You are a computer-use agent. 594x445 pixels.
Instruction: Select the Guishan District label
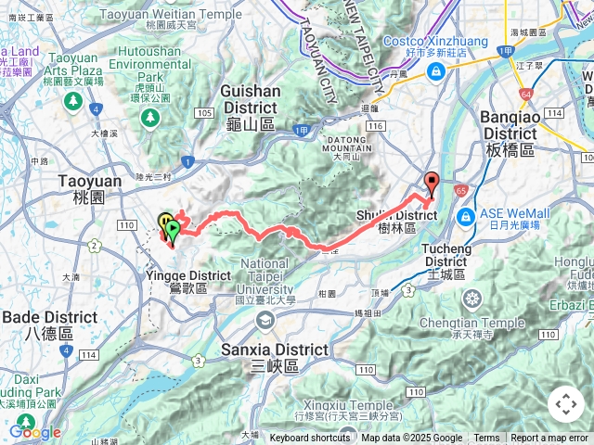pos(251,98)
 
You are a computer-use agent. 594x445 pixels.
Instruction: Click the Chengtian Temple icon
pos(471,273)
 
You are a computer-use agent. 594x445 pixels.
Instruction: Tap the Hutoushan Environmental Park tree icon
pos(149,116)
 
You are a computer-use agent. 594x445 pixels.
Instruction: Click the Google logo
pos(34,432)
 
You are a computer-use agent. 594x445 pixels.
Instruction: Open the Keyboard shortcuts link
pos(310,439)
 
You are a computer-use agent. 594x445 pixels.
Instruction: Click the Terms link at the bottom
pos(486,439)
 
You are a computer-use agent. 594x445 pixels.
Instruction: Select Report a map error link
pos(550,439)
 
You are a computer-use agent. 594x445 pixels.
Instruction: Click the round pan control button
pos(565,404)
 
